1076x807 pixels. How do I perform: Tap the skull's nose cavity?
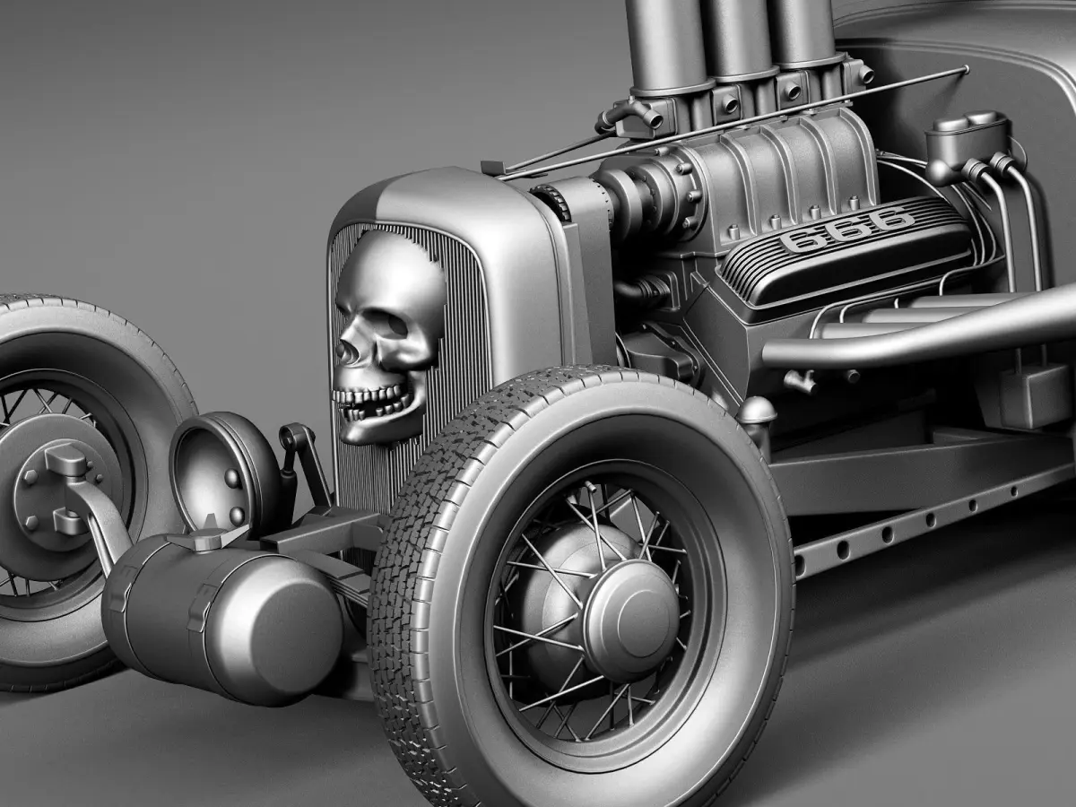[x=347, y=350]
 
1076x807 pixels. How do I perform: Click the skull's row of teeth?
[x=371, y=396]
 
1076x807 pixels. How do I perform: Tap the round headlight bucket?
[x=224, y=473]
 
